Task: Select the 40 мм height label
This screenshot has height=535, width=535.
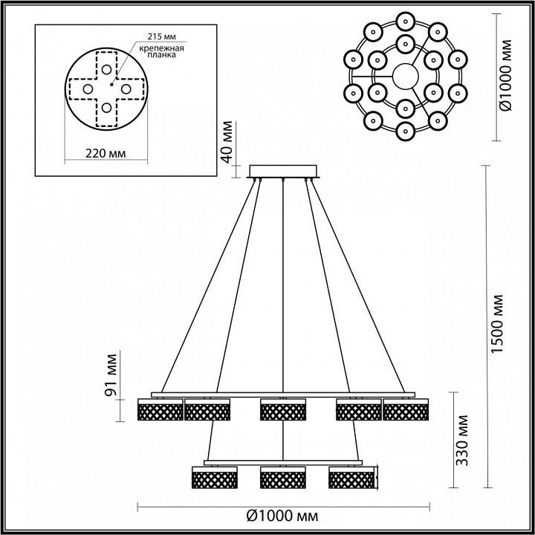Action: point(228,141)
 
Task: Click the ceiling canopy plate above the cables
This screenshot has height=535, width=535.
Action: point(285,172)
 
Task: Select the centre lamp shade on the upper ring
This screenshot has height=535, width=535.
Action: point(283,410)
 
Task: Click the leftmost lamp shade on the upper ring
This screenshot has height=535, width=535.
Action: point(160,410)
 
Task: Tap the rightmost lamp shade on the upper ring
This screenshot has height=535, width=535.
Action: point(406,410)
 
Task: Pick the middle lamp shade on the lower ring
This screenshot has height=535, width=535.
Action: point(283,477)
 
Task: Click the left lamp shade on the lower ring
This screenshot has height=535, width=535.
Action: point(215,477)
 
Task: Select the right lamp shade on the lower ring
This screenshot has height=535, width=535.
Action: point(352,477)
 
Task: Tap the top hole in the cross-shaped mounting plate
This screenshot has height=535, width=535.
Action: point(107,69)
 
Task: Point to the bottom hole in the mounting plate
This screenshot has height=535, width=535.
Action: point(107,108)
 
